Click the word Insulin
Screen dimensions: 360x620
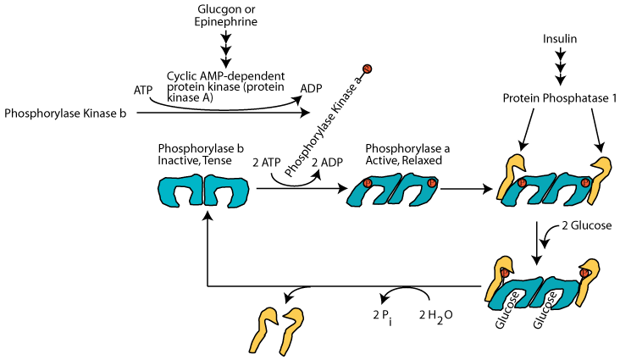[561, 38]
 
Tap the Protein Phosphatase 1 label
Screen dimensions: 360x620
[559, 99]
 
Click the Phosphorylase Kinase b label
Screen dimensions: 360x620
[65, 112]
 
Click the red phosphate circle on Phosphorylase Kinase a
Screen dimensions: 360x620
[367, 69]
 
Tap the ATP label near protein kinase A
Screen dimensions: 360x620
[143, 89]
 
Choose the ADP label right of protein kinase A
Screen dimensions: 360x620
[312, 87]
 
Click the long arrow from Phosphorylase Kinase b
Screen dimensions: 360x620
[220, 112]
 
